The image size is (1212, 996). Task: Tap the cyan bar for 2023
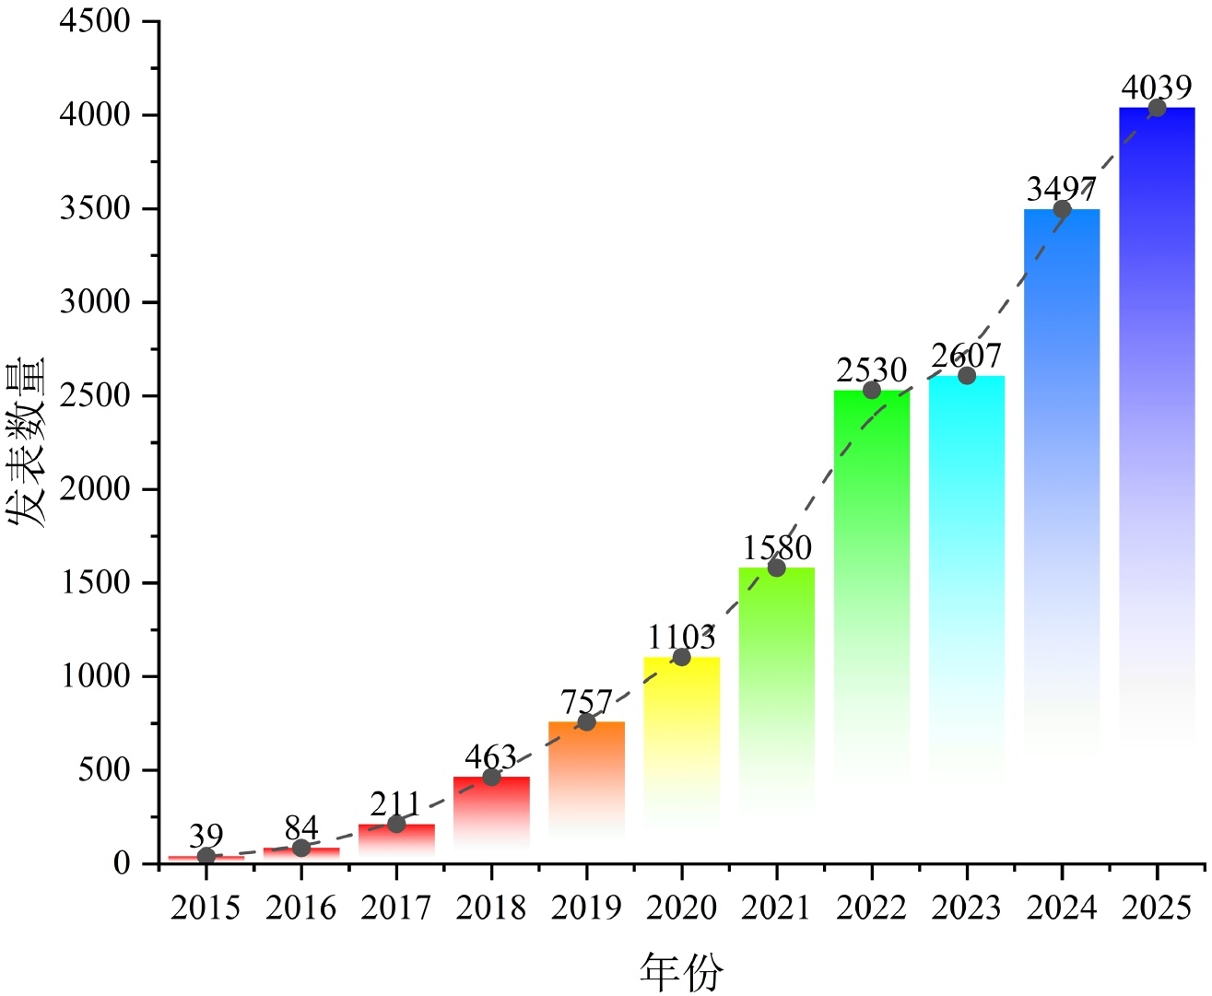(x=967, y=553)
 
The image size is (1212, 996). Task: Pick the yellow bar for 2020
(x=681, y=728)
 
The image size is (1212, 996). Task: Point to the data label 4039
(x=1156, y=88)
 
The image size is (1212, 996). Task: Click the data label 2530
(x=871, y=370)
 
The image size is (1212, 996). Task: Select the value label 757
(x=586, y=702)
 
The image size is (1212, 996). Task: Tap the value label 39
(x=206, y=836)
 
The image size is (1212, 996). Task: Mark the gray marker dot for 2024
(x=1062, y=209)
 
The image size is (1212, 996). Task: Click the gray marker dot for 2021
(x=776, y=568)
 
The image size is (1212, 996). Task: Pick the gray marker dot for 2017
(x=396, y=824)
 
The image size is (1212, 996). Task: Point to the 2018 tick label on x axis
(x=491, y=908)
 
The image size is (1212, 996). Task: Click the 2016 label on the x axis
(x=301, y=908)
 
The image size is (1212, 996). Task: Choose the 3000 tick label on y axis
(x=95, y=302)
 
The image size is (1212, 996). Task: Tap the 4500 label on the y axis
(x=95, y=21)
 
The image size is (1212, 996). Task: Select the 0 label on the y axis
(x=122, y=863)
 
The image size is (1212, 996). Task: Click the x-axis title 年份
(x=681, y=972)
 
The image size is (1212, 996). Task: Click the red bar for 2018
(x=491, y=811)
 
